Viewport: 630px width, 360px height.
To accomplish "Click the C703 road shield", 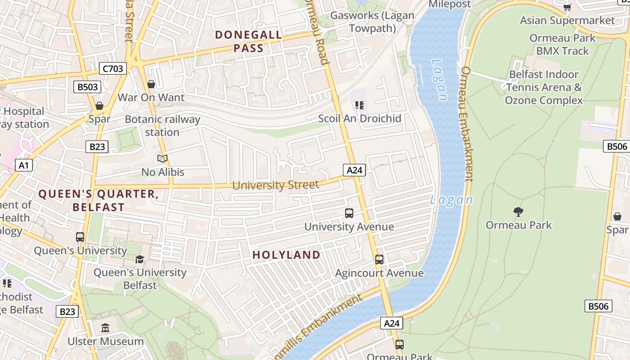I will point(113,69).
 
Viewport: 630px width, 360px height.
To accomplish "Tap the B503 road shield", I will point(87,87).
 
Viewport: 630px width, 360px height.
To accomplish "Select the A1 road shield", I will point(24,165).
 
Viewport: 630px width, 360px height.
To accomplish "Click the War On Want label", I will point(151,98).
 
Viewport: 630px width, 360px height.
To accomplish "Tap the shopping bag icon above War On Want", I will point(151,84).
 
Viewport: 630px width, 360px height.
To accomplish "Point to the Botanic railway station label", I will point(162,126).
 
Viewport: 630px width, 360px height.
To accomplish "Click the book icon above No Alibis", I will point(162,158).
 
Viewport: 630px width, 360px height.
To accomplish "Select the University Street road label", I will point(275,185).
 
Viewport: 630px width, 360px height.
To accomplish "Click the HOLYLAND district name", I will point(286,255).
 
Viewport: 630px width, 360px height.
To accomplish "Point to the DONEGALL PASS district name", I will point(248,41).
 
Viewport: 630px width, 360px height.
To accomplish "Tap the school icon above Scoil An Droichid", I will point(359,105).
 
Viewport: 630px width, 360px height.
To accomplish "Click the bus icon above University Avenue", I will point(349,213).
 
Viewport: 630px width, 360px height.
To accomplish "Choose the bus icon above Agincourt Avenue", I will point(379,260).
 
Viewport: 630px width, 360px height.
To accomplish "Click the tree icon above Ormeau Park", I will point(518,211).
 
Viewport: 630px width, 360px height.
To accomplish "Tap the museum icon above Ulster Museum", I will point(105,328).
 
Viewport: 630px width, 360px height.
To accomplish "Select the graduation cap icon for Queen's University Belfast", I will point(140,259).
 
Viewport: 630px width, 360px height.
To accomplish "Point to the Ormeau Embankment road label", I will point(467,124).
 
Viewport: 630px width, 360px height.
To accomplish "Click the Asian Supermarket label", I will point(567,20).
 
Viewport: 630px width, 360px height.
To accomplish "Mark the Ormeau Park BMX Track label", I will point(562,45).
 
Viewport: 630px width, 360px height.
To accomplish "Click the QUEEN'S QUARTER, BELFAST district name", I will point(98,201).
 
